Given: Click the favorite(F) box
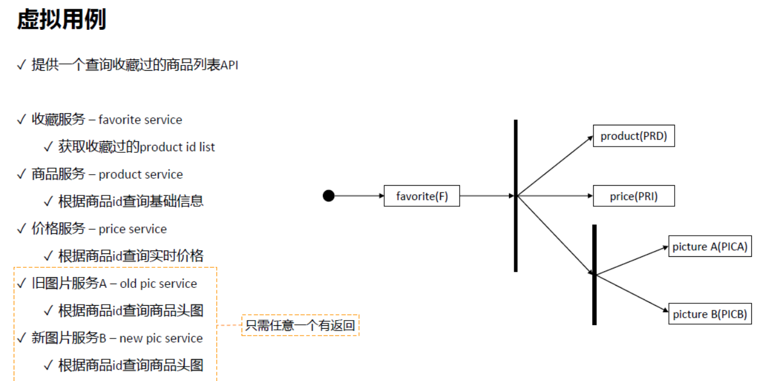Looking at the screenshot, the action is (x=422, y=196).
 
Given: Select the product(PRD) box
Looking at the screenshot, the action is (x=633, y=136).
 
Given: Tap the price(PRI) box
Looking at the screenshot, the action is (x=633, y=196).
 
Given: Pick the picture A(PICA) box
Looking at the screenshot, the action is (x=709, y=247).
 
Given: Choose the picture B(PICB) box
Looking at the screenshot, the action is (x=709, y=314).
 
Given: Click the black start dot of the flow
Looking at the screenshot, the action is (x=328, y=196).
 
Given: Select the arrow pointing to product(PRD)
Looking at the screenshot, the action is (x=555, y=166).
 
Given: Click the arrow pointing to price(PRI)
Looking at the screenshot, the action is (x=555, y=196).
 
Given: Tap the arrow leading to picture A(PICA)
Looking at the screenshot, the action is (x=632, y=261).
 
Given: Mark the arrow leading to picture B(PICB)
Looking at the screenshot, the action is (x=632, y=294).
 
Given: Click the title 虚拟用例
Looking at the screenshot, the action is (x=62, y=20).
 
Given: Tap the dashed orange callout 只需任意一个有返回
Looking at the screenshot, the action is (x=300, y=325).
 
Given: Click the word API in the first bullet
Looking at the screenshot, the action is (x=229, y=65).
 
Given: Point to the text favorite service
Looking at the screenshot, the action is (x=140, y=120).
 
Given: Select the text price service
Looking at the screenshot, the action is (x=133, y=229).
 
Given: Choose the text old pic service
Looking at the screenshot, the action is (x=159, y=283).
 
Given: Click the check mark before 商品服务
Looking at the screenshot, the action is (x=22, y=174).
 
